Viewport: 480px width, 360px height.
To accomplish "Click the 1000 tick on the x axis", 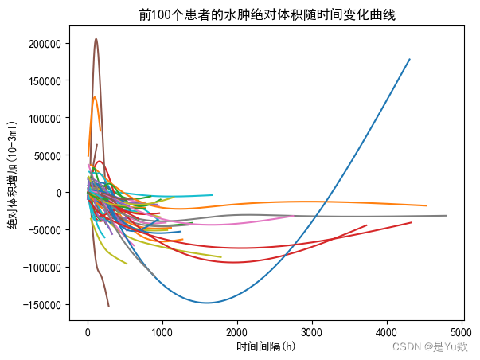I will point(162,332).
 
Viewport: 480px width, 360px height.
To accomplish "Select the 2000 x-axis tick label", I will point(237,332).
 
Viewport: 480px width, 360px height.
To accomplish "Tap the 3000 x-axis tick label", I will point(312,332).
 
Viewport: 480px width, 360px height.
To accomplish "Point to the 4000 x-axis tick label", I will point(386,332).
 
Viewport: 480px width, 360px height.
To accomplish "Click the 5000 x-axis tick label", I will point(461,332).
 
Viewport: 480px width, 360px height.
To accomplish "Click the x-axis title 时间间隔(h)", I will point(266,346).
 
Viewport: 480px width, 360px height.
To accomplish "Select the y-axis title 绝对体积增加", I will point(12,175).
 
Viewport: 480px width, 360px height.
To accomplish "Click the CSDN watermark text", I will point(430,346).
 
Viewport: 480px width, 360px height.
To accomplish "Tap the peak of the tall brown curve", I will point(96,39).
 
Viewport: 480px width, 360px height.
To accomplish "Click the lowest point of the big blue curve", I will point(208,303).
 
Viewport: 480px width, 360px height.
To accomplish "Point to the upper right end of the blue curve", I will point(409,59).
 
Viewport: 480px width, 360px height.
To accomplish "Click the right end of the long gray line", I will point(446,216).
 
